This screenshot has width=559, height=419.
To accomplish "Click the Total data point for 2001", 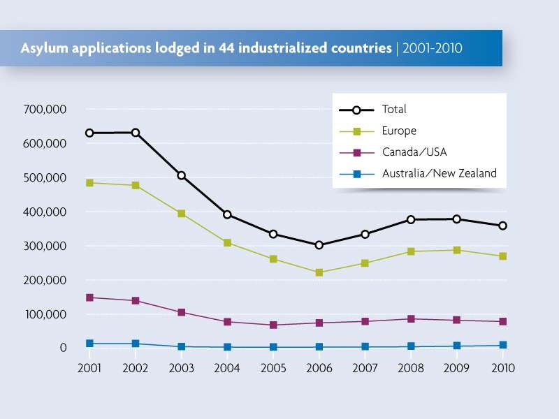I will [x=89, y=133].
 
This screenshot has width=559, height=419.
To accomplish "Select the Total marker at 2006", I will [x=319, y=245].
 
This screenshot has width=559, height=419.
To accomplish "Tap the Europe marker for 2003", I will [x=181, y=214].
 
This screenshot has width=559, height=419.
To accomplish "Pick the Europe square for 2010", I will [x=502, y=256].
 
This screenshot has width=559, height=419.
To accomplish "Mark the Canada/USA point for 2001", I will [x=89, y=297].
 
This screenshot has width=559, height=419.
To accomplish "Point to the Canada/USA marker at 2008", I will [x=411, y=319].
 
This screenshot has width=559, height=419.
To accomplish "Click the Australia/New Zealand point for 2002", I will [x=135, y=344].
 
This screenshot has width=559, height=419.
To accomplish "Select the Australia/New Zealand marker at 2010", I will [x=502, y=345].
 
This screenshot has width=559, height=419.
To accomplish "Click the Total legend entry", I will [x=394, y=110].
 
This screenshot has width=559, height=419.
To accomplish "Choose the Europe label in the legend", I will [x=399, y=131].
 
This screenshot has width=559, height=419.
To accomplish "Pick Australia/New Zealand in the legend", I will [x=439, y=172].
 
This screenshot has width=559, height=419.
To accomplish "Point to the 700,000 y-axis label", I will [x=44, y=110].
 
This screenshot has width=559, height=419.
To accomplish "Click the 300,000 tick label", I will [x=44, y=246].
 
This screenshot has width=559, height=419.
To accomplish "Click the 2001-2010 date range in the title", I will [x=432, y=49].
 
